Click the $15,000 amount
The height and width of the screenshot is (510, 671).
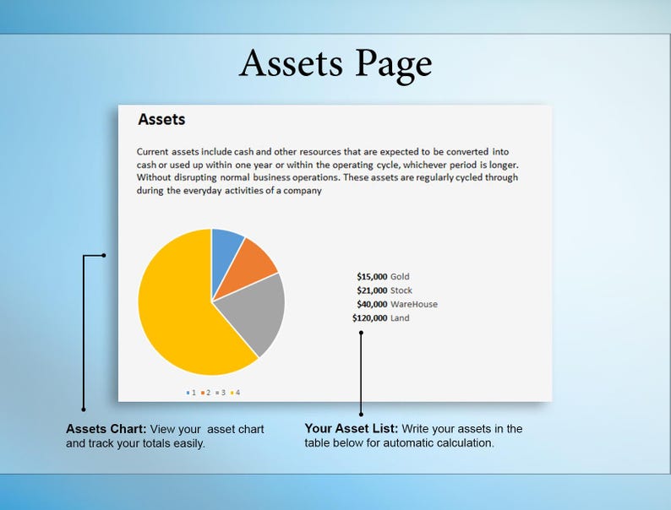click(372, 277)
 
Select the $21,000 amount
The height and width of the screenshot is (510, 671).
click(372, 290)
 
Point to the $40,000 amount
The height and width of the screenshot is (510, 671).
click(372, 304)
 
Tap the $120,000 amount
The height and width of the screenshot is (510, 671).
click(369, 318)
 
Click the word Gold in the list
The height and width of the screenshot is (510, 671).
click(400, 277)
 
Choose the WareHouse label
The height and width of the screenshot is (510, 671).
click(414, 304)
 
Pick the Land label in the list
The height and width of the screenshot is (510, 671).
click(400, 318)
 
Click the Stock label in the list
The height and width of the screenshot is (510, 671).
click(401, 290)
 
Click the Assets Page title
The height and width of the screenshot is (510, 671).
click(335, 64)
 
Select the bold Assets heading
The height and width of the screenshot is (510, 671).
click(161, 120)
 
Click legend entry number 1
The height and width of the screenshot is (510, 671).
click(191, 393)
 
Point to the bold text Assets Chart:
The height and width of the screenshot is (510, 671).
click(106, 429)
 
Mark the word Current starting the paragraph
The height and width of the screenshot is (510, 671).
click(154, 152)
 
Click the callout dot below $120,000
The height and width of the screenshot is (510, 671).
click(361, 333)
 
